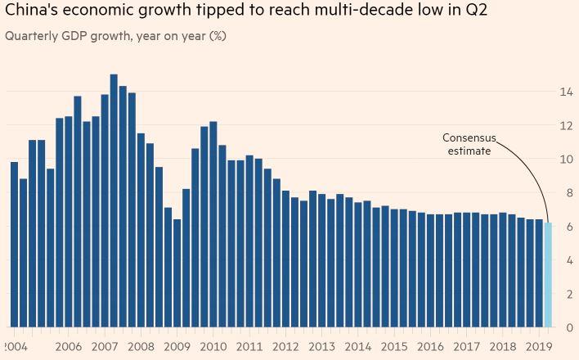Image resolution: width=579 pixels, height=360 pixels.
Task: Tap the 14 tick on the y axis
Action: (x=566, y=92)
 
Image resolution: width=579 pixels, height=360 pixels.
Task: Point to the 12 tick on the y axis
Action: (x=566, y=125)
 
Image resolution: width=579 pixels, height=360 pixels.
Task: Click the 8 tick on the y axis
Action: (x=566, y=193)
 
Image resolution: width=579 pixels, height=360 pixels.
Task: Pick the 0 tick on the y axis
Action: (x=566, y=327)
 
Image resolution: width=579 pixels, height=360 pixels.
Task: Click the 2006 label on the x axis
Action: (x=68, y=347)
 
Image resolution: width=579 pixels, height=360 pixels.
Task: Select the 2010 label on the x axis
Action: (x=213, y=347)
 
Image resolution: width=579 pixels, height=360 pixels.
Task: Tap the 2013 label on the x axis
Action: (x=321, y=347)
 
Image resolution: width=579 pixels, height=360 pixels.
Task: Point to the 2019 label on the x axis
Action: (x=538, y=347)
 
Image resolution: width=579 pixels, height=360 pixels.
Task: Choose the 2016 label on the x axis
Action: (x=429, y=347)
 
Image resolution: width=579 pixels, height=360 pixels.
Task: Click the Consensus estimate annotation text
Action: (x=469, y=144)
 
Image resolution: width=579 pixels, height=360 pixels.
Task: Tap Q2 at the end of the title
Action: (x=498, y=13)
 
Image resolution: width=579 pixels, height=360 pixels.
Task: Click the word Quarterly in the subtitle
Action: (x=31, y=36)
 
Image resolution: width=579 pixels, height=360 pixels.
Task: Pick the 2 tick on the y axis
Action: (x=566, y=294)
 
